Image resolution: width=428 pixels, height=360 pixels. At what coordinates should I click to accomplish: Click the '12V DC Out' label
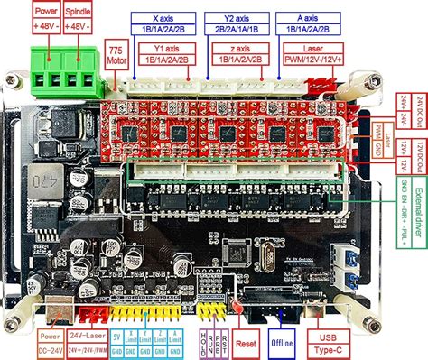tap(418, 158)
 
